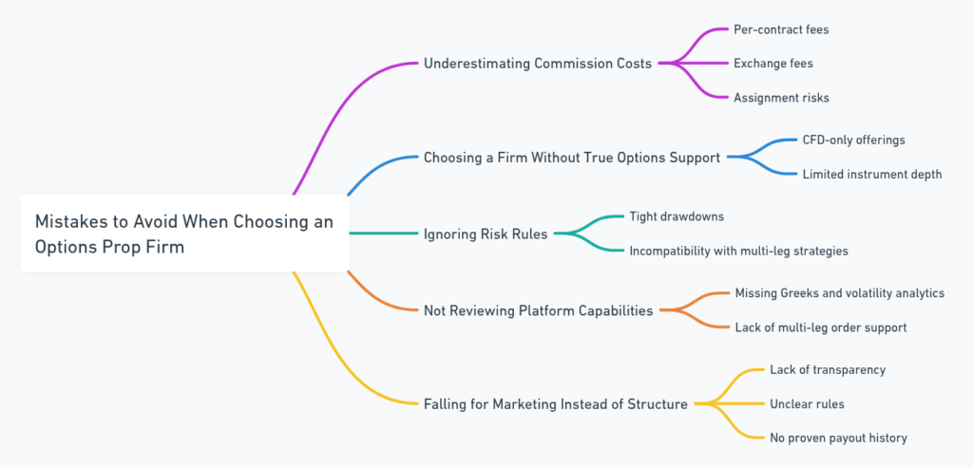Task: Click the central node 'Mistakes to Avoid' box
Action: pyautogui.click(x=184, y=233)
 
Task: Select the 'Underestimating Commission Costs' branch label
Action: pyautogui.click(x=538, y=64)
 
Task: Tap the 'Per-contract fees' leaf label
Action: pyautogui.click(x=781, y=29)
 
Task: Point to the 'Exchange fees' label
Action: pyautogui.click(x=773, y=64)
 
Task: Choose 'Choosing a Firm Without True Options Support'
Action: pyautogui.click(x=571, y=158)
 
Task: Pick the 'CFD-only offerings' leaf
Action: pyautogui.click(x=853, y=140)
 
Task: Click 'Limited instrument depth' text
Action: pyautogui.click(x=871, y=175)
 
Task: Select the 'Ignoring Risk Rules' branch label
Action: pyautogui.click(x=486, y=234)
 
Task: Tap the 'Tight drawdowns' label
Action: pyautogui.click(x=676, y=216)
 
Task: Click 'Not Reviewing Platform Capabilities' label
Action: pyautogui.click(x=539, y=309)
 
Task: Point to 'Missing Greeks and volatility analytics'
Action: pyautogui.click(x=839, y=293)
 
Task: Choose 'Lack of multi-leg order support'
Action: pyautogui.click(x=820, y=328)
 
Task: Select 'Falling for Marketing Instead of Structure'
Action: pyautogui.click(x=556, y=403)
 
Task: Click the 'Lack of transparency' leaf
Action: pyautogui.click(x=828, y=369)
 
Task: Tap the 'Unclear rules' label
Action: pyautogui.click(x=807, y=403)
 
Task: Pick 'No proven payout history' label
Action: pyautogui.click(x=838, y=438)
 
